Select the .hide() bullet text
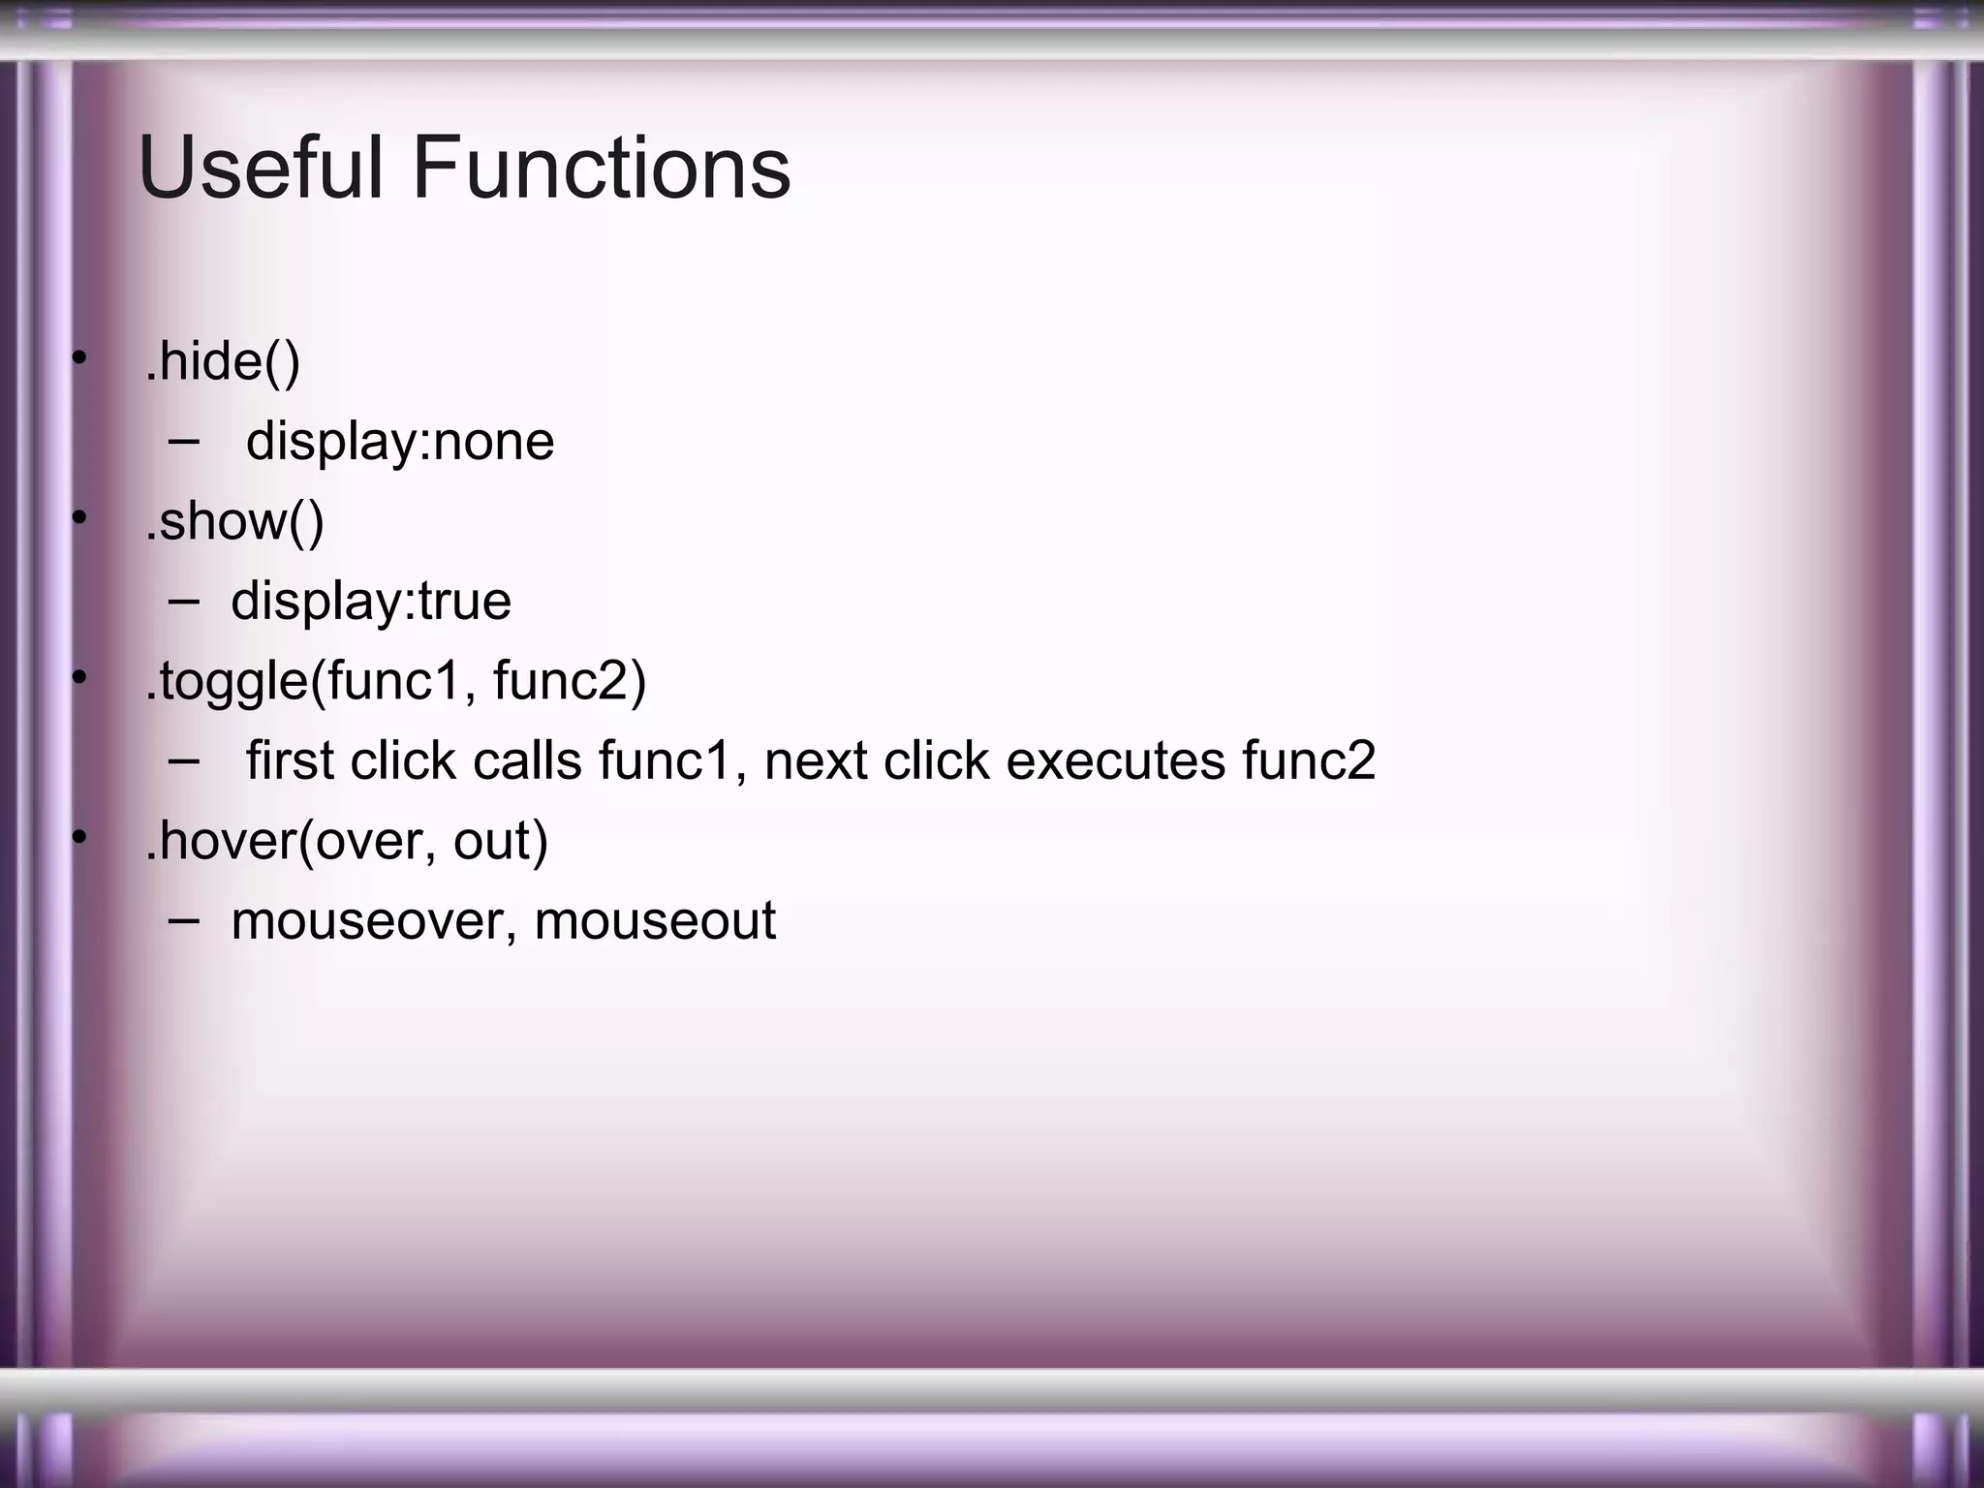pos(223,361)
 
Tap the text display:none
pos(399,442)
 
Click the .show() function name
pos(234,521)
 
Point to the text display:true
pos(370,601)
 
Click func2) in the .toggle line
pos(570,680)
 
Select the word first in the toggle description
pos(289,760)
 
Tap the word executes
pos(1116,760)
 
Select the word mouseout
pos(655,920)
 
